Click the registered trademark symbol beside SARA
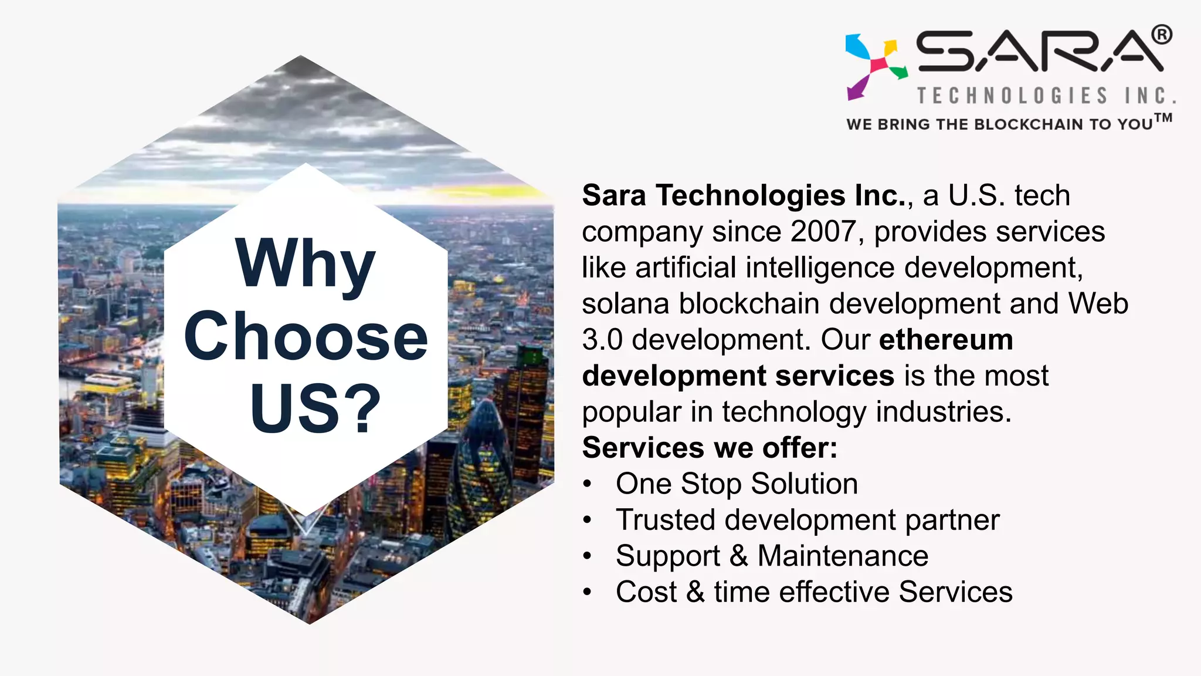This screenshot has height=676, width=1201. [x=1162, y=35]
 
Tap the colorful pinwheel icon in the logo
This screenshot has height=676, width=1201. [x=876, y=65]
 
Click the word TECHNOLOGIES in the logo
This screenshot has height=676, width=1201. [x=1013, y=96]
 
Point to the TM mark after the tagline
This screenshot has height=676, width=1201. [x=1163, y=118]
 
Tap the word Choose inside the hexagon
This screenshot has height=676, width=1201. [x=306, y=336]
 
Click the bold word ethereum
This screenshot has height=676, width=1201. [x=946, y=340]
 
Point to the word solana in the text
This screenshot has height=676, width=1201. [x=625, y=304]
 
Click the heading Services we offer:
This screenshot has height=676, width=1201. [x=710, y=448]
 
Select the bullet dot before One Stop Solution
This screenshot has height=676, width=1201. [x=588, y=485]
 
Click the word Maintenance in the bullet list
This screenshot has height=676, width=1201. [x=843, y=556]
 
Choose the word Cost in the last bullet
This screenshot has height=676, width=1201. [x=646, y=591]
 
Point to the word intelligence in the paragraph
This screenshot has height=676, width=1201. [x=820, y=268]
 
